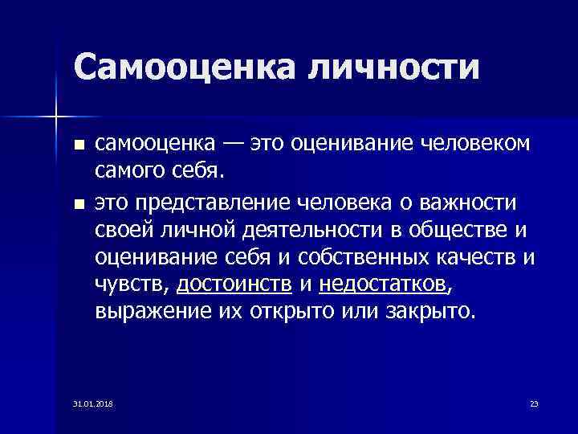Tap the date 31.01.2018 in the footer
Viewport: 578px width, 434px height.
click(92, 402)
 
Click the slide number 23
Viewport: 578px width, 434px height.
click(534, 402)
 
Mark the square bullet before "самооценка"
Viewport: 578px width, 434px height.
click(77, 145)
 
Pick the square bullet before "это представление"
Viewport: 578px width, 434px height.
click(77, 202)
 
